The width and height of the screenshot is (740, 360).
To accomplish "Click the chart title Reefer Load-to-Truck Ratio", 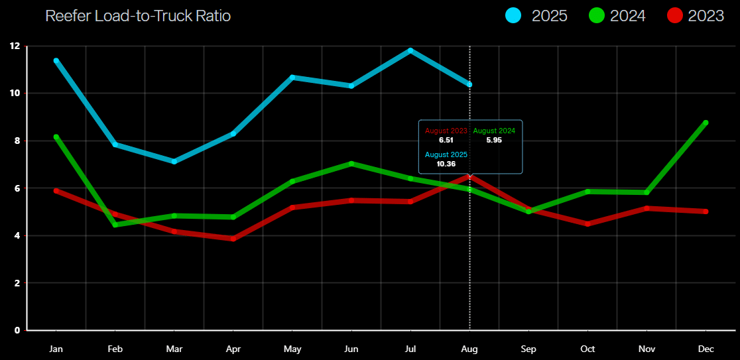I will (x=138, y=16).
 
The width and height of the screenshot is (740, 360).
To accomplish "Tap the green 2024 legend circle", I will (x=597, y=16).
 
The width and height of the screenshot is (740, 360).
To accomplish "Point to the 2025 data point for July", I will (x=410, y=50).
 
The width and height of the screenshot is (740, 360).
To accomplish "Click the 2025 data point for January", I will (x=56, y=60).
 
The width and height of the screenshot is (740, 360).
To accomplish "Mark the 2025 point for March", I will (x=174, y=161).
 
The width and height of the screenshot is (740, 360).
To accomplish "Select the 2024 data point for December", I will (x=706, y=123).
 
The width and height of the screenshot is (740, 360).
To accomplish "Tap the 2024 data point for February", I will (x=115, y=225).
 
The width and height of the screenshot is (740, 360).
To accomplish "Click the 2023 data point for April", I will (x=233, y=239).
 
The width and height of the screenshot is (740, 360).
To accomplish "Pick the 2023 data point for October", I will (x=587, y=224).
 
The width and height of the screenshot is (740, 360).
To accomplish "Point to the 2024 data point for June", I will (x=351, y=163).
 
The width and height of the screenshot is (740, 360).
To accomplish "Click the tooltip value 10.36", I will (x=446, y=163).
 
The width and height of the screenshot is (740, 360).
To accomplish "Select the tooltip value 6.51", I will (x=446, y=140).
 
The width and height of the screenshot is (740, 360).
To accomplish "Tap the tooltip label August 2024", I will (x=494, y=131).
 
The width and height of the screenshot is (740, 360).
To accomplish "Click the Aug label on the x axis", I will (x=469, y=349).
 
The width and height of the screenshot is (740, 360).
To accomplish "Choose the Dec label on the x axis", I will (x=706, y=349).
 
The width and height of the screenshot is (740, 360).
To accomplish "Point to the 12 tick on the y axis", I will (x=15, y=46).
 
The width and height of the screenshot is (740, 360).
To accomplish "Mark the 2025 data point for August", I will (x=469, y=85).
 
